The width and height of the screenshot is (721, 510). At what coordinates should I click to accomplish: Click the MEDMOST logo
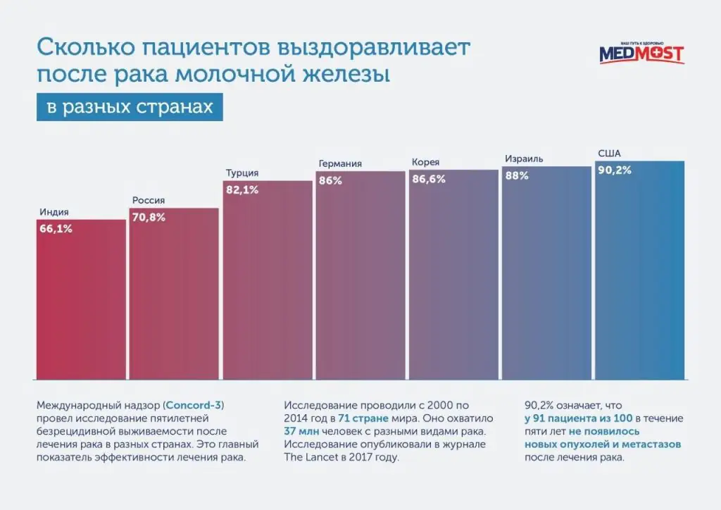[x=641, y=53]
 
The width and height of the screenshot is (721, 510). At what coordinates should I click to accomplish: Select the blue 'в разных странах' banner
[x=130, y=107]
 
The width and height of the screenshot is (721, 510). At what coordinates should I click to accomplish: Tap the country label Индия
[x=54, y=212]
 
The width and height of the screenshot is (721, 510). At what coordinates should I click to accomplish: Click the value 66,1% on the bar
[x=56, y=228]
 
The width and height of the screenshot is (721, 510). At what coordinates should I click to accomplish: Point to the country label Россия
[x=148, y=201]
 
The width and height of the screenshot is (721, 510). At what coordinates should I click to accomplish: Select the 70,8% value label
[x=147, y=217]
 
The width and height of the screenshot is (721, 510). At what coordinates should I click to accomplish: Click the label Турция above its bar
[x=242, y=173]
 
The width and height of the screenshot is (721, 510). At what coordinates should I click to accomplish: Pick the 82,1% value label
[x=242, y=189]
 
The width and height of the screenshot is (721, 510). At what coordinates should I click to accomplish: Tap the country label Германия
[x=340, y=163]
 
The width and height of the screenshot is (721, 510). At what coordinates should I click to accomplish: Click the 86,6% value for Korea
[x=429, y=179]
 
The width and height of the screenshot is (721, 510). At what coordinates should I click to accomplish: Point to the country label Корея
[x=426, y=162]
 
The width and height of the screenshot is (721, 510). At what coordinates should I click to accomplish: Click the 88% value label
[x=517, y=175]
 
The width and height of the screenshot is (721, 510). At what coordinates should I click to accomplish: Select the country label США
[x=609, y=154]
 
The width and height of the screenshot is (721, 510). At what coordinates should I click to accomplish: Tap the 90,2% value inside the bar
[x=615, y=170]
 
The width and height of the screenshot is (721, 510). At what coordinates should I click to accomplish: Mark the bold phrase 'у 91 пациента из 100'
[x=579, y=418]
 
